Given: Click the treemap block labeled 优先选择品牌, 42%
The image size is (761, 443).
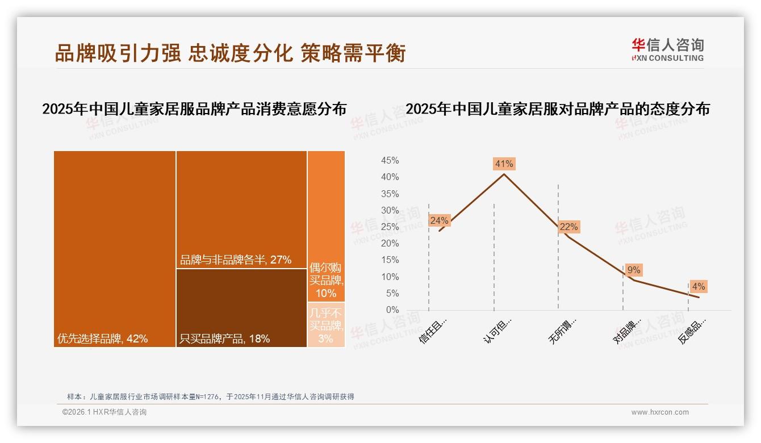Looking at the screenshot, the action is click(x=115, y=249).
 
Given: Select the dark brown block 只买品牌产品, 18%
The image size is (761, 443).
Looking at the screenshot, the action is click(x=241, y=307).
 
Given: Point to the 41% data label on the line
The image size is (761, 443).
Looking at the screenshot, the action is click(x=504, y=164).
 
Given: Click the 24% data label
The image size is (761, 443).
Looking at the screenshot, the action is click(x=439, y=220).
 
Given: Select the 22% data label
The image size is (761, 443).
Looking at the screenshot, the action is click(x=568, y=227).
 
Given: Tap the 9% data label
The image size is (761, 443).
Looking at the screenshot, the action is click(x=634, y=270).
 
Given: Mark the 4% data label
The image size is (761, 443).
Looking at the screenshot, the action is click(x=699, y=287).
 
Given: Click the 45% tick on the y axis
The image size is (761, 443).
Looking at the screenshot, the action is click(x=390, y=161).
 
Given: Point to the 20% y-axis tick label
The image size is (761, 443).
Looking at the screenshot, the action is click(x=390, y=244).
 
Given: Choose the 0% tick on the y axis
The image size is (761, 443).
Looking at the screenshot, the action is click(x=392, y=310).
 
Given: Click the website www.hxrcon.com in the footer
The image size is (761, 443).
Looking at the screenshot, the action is click(x=660, y=412).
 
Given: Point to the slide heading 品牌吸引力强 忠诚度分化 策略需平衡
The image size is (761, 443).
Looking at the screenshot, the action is click(x=230, y=53).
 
